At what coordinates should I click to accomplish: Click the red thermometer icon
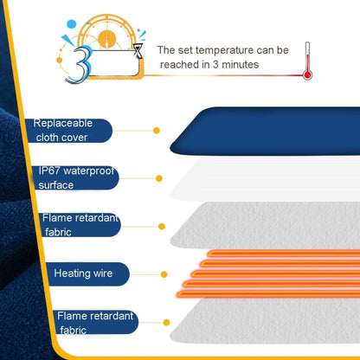pyautogui.click(x=307, y=63)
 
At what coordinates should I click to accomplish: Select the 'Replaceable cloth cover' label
pyautogui.click(x=68, y=130)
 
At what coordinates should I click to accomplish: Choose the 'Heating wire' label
pyautogui.click(x=83, y=273)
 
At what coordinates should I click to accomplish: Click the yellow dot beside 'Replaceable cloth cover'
pyautogui.click(x=157, y=130)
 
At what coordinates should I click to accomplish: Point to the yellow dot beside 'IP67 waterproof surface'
pyautogui.click(x=158, y=178)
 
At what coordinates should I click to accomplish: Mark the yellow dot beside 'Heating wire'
pyautogui.click(x=161, y=273)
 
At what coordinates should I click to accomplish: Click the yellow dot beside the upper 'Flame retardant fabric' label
pyautogui.click(x=161, y=227)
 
